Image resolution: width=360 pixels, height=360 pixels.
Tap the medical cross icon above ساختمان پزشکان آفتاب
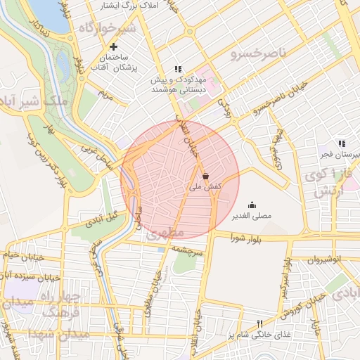[113, 46]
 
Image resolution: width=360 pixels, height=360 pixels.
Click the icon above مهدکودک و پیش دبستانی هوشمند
[178, 70]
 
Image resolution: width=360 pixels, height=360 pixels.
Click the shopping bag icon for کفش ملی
[205, 176]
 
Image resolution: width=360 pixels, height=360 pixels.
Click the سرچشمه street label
[188, 250]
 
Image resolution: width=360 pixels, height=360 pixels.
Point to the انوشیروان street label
[324, 259]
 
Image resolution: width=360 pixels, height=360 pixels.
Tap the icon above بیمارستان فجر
[342, 143]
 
